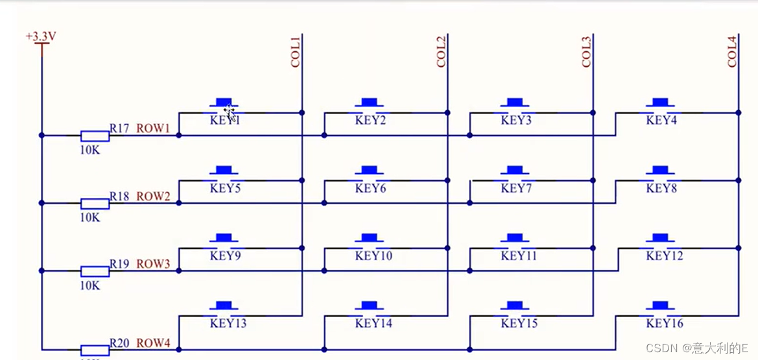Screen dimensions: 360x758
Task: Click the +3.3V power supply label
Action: click(41, 36)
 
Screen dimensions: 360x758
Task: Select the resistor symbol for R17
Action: click(95, 136)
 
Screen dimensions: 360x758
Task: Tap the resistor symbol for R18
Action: click(95, 203)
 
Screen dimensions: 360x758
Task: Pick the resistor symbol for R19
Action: click(95, 270)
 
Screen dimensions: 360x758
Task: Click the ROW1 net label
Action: click(153, 128)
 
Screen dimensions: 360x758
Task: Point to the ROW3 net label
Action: click(153, 264)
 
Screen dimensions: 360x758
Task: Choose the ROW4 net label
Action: click(153, 342)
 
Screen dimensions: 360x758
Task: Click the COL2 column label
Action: click(442, 52)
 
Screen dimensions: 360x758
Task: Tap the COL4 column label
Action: click(733, 52)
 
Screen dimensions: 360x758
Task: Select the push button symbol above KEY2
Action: click(370, 102)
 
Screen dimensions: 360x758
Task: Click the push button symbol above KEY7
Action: click(515, 171)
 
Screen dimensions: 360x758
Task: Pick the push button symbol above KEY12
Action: click(660, 238)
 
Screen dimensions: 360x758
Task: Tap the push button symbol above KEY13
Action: click(224, 306)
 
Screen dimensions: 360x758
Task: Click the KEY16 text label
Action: click(665, 323)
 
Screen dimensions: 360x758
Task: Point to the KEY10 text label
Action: click(373, 256)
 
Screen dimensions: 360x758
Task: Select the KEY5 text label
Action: click(226, 188)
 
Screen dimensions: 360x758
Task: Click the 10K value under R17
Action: click(90, 150)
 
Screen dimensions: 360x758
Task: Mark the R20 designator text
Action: click(119, 342)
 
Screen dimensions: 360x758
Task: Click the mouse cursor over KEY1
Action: click(230, 114)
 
